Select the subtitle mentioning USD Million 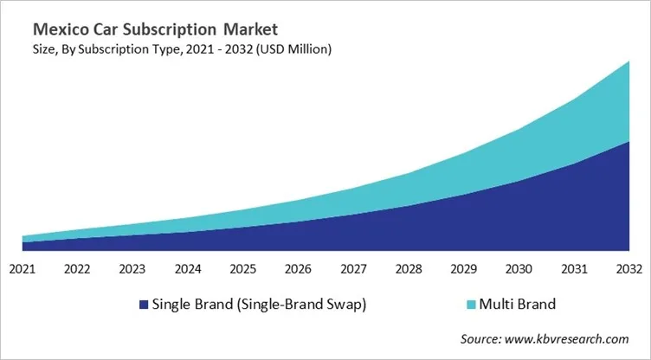[x=177, y=49]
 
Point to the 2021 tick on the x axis [x=23, y=268]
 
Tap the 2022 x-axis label [x=77, y=268]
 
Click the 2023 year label [x=132, y=268]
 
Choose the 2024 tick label [x=187, y=268]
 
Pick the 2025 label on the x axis [x=242, y=268]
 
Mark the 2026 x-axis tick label [x=298, y=268]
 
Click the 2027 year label [x=352, y=268]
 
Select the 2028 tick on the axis [x=408, y=268]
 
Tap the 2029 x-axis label [x=463, y=268]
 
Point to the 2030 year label [x=518, y=268]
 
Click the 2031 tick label [x=573, y=268]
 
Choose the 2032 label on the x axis [x=628, y=268]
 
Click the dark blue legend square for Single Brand [x=143, y=305]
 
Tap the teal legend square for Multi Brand [x=471, y=305]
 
